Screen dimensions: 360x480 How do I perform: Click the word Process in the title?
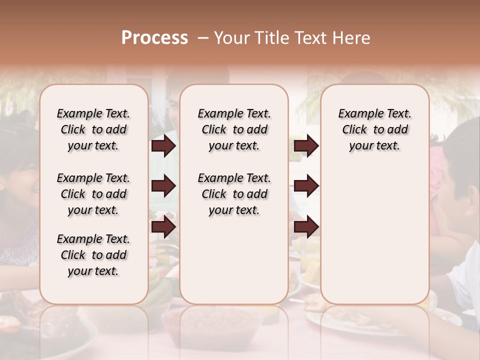click(154, 38)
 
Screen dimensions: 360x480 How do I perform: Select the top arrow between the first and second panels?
click(163, 146)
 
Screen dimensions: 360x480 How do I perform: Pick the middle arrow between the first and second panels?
click(163, 186)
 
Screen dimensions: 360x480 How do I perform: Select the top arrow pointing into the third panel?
click(306, 146)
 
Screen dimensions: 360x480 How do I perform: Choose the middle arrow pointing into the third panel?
click(306, 186)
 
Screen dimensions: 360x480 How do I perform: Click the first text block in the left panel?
click(93, 129)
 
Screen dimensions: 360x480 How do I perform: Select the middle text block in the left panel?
click(93, 194)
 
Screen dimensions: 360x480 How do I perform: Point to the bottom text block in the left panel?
click(93, 255)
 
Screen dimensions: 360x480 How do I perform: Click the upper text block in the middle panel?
click(234, 129)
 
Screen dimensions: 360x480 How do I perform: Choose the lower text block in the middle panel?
click(234, 194)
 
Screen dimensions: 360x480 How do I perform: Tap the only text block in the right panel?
click(374, 129)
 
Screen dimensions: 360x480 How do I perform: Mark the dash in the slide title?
click(202, 38)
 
